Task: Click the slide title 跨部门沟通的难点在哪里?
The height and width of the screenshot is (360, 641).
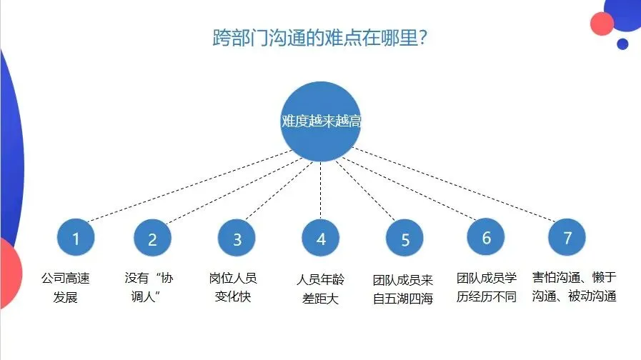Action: click(320, 38)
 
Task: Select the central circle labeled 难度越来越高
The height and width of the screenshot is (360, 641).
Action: click(321, 121)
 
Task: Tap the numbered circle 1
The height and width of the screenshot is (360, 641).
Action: click(76, 238)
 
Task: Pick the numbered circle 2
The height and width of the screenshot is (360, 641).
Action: click(152, 239)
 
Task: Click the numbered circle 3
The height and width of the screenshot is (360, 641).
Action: click(237, 239)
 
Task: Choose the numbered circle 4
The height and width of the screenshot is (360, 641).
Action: click(321, 239)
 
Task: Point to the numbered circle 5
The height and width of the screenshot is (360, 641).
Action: click(405, 239)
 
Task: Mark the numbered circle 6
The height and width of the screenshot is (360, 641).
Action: click(487, 238)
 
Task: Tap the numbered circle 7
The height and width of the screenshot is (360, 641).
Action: click(567, 238)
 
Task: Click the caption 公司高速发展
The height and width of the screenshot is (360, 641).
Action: click(65, 287)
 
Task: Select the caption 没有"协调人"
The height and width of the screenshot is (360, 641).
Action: click(149, 287)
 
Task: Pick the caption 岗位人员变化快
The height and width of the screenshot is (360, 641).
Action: click(233, 287)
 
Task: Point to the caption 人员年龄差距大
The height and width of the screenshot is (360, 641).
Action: click(319, 289)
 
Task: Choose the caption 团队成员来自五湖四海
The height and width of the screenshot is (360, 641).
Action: click(403, 289)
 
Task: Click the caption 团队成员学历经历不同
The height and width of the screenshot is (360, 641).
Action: click(486, 287)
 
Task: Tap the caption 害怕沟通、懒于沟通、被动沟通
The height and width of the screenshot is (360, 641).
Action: click(574, 287)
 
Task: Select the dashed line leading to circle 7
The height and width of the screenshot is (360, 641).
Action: click(457, 186)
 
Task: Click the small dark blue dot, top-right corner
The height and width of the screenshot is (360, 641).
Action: click(622, 44)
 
